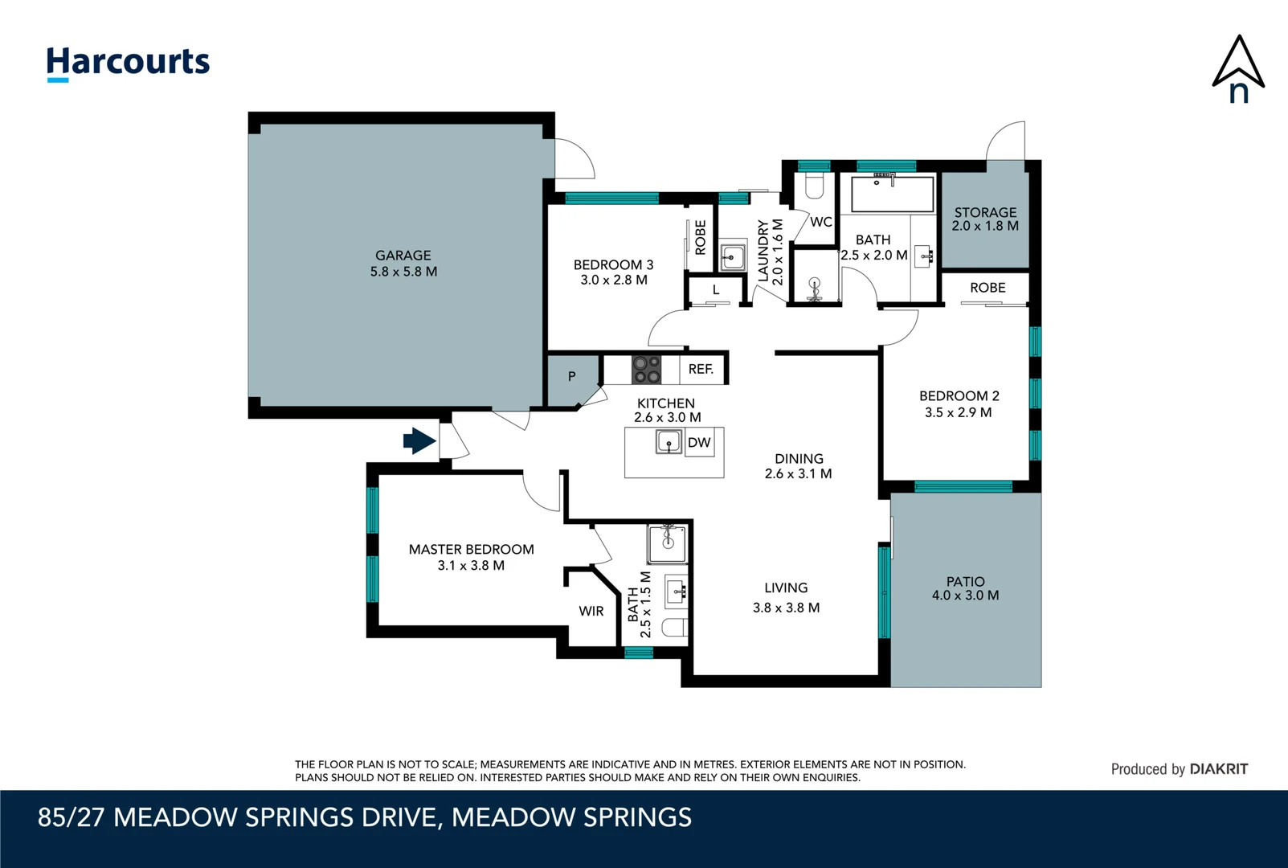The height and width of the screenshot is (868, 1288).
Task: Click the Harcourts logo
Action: click(128, 63)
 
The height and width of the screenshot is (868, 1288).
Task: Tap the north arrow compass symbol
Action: click(1238, 69)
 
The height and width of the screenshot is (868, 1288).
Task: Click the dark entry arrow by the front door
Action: click(419, 441)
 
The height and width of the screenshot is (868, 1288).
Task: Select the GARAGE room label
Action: click(403, 255)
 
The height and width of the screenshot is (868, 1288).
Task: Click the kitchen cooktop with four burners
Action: click(646, 369)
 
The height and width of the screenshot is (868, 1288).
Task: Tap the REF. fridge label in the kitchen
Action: click(701, 369)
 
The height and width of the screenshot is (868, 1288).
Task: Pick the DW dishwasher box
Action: click(699, 442)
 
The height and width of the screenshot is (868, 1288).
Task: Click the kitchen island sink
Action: click(669, 442)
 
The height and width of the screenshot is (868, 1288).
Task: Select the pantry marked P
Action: click(572, 379)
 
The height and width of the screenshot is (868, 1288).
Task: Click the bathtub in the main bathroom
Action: click(893, 194)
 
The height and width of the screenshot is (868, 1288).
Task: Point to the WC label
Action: click(821, 222)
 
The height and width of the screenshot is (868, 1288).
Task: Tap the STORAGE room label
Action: click(985, 212)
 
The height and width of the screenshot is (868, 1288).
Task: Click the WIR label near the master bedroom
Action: click(591, 611)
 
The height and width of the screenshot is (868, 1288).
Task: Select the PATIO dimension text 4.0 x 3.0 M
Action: click(966, 596)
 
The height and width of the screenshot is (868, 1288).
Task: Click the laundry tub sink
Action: click(733, 256)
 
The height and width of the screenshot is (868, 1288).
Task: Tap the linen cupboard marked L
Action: click(716, 290)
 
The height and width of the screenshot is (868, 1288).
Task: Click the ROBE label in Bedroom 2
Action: click(987, 288)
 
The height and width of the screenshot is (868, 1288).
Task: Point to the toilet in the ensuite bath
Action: click(674, 627)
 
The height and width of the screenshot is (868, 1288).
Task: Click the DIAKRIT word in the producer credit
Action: click(1219, 769)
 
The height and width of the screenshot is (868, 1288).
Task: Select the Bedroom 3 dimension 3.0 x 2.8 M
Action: click(614, 280)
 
